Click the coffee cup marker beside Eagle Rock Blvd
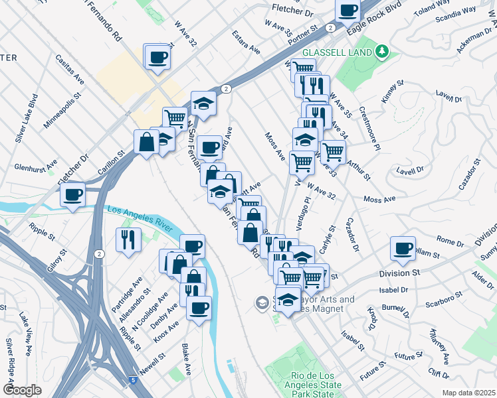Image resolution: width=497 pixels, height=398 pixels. tap(348, 11)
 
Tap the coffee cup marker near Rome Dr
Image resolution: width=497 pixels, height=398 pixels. tap(402, 248)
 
